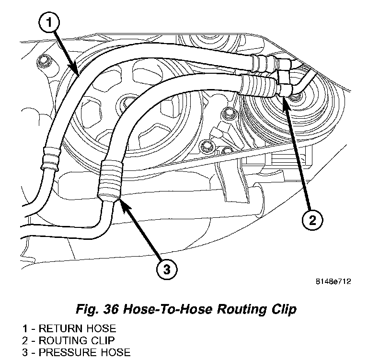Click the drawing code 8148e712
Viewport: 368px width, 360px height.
[x=333, y=281]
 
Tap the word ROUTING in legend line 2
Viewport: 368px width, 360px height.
[x=61, y=341]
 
